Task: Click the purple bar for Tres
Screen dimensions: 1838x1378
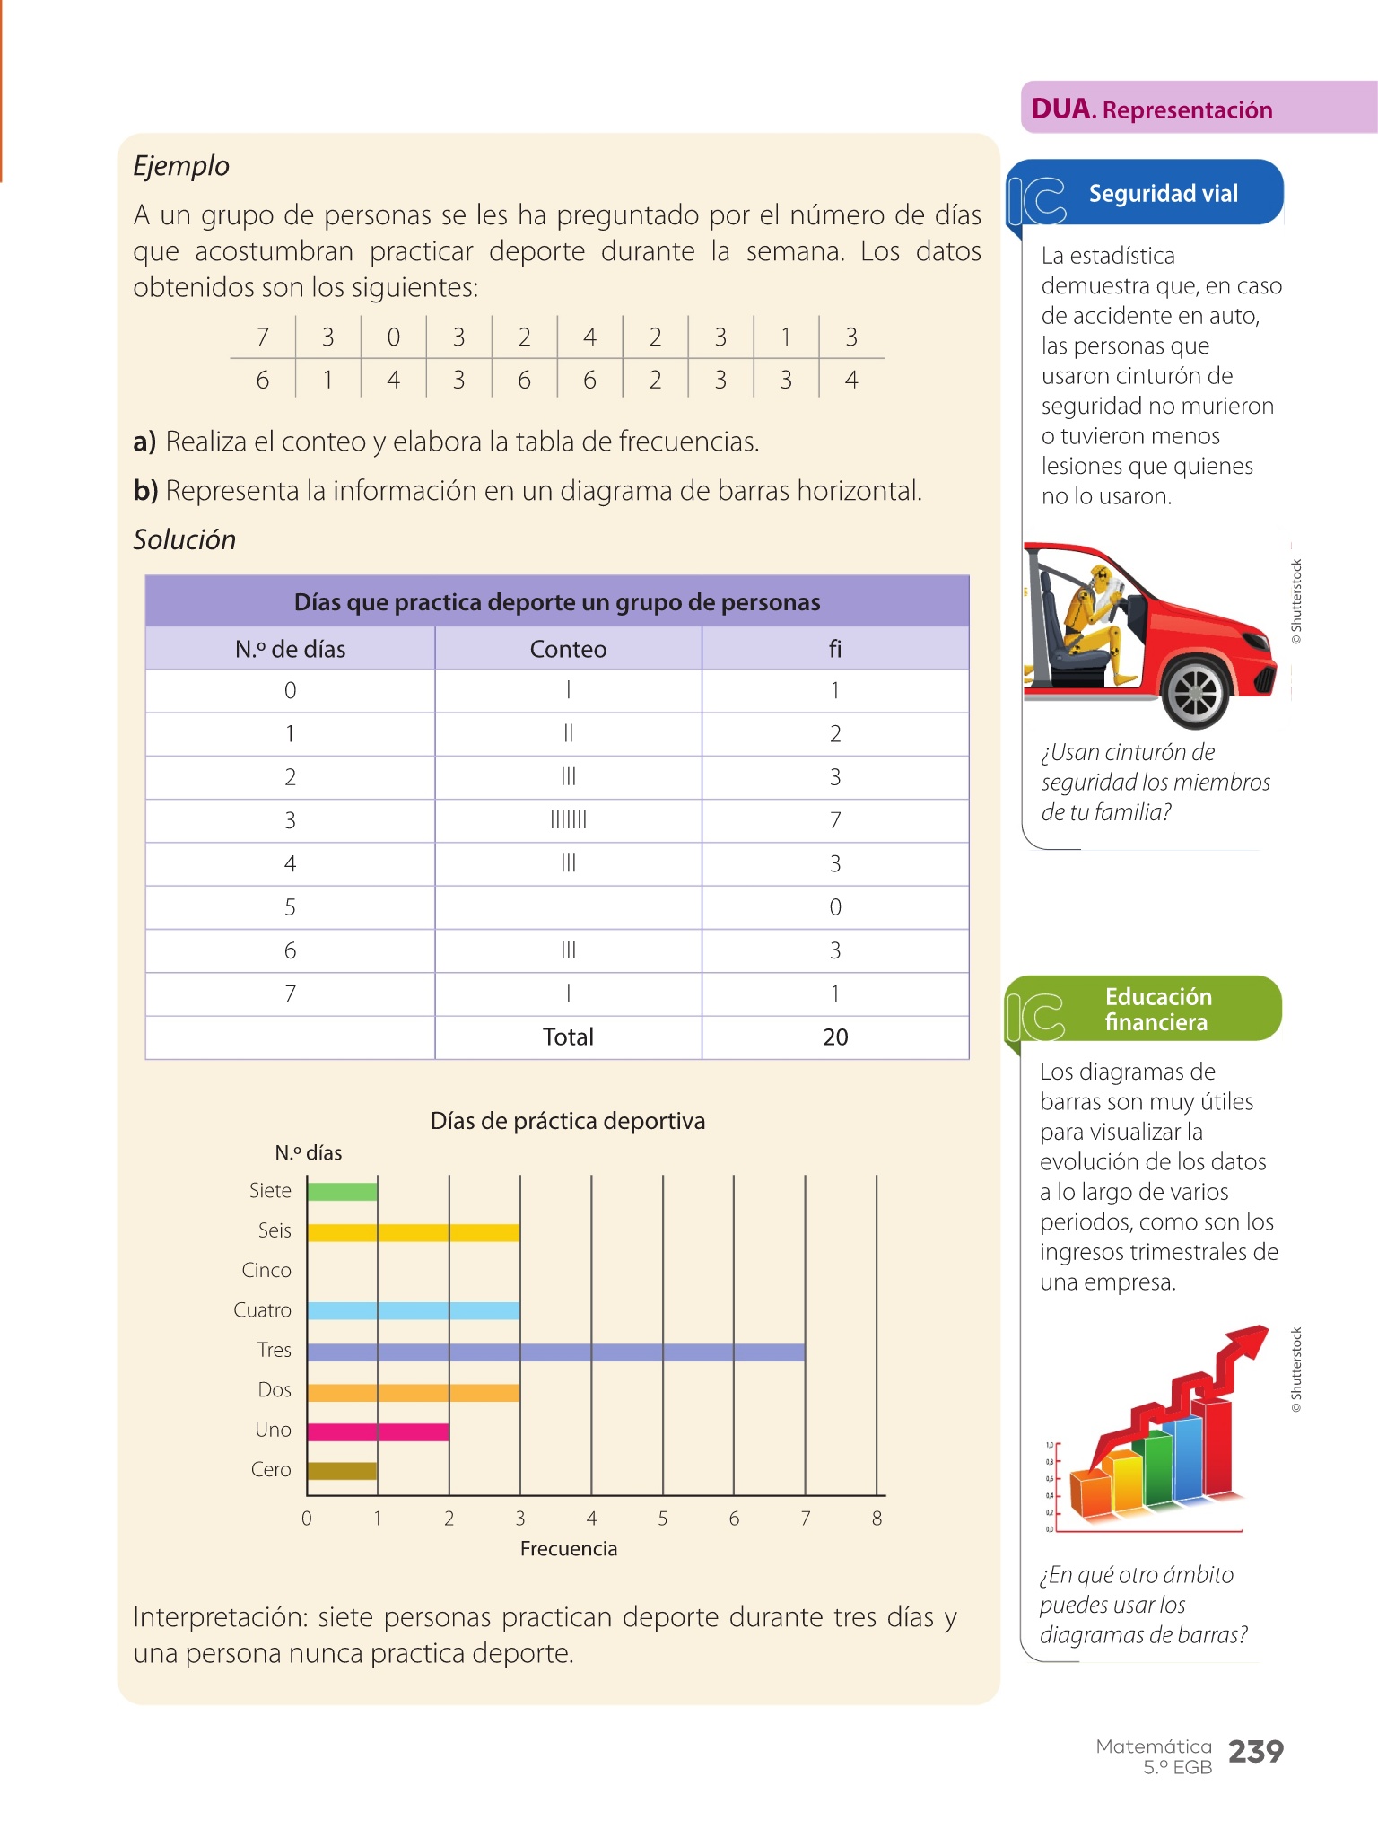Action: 555,1352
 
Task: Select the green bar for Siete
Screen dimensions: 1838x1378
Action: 342,1192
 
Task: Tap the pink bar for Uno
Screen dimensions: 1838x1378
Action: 378,1431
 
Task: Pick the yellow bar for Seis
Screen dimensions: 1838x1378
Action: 413,1232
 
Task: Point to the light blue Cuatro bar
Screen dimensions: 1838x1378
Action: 413,1311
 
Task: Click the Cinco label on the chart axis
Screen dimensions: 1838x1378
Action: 266,1271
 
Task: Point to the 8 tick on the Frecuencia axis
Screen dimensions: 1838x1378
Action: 877,1519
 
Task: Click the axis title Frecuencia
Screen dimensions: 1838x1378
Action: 568,1549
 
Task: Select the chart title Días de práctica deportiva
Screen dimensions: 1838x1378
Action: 567,1121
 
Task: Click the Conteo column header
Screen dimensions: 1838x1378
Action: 568,649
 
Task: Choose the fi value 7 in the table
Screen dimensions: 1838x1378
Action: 835,820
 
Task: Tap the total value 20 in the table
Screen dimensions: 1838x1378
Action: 835,1037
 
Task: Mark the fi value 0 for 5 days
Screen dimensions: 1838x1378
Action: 835,907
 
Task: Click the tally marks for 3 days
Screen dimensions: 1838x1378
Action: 568,820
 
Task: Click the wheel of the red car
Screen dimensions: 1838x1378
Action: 1196,693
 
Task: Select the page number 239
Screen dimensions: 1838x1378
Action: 1255,1751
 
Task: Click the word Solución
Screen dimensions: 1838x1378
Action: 185,540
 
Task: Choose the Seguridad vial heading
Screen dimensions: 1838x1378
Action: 1163,194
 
